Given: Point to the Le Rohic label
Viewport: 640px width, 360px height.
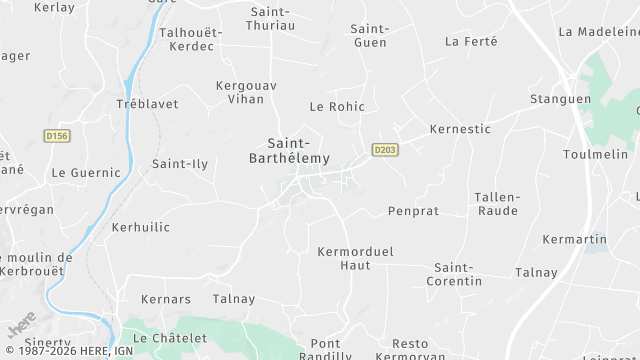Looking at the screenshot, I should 337,106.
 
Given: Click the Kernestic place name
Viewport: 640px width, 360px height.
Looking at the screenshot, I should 459,129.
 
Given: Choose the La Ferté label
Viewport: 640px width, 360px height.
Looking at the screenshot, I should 470,41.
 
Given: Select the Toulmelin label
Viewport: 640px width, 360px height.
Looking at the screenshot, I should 595,153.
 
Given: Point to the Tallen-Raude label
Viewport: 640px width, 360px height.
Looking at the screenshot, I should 497,204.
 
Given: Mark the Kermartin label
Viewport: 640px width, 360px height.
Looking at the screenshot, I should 574,239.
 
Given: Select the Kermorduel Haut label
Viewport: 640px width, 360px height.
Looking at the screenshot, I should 342,258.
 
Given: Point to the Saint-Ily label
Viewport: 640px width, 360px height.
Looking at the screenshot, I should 180,163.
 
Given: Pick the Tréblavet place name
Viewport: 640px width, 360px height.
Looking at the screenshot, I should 147,104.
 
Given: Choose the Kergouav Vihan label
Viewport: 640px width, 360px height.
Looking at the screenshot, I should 240,92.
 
